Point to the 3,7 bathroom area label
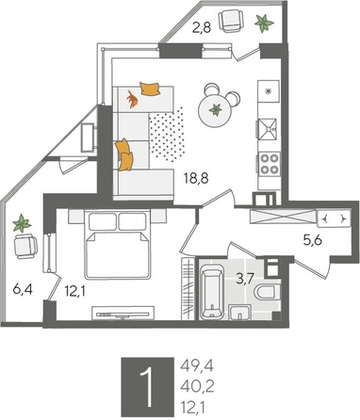coord(243,278)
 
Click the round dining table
coord(218,111)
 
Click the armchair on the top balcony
coord(230,20)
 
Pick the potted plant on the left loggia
coord(20,224)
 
